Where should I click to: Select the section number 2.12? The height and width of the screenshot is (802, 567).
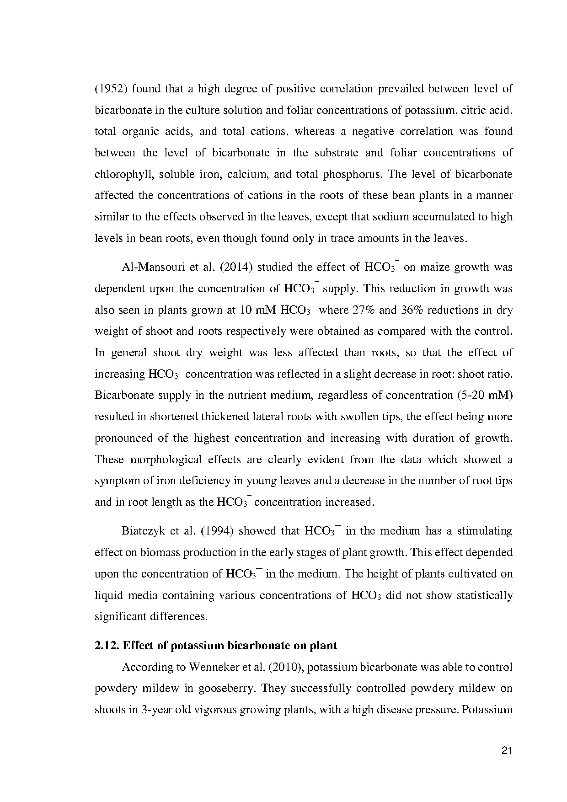pos(107,646)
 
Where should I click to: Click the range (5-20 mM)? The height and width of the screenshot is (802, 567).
pos(485,395)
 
